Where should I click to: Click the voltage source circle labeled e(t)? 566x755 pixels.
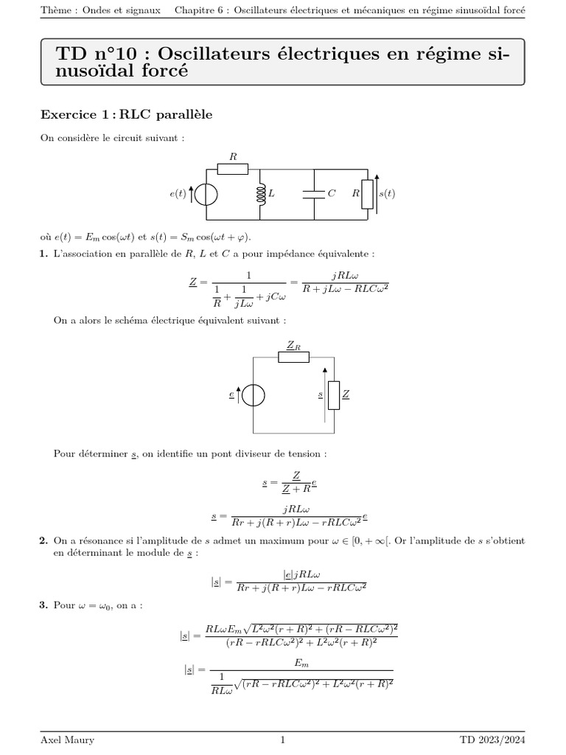click(206, 195)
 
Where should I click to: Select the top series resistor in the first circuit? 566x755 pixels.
click(233, 170)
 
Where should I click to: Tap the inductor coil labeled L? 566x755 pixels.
click(260, 194)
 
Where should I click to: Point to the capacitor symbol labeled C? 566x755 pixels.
click(315, 194)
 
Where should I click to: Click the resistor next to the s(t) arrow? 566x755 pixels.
click(366, 194)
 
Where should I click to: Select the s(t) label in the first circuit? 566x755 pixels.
click(386, 194)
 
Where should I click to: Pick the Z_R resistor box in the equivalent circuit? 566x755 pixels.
click(293, 357)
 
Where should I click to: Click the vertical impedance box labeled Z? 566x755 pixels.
click(333, 395)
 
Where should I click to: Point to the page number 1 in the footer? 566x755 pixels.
click(282, 740)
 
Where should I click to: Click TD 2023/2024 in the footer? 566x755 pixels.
click(492, 740)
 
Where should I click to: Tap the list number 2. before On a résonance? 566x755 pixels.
click(43, 541)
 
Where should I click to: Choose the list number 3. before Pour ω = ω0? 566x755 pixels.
click(43, 605)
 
